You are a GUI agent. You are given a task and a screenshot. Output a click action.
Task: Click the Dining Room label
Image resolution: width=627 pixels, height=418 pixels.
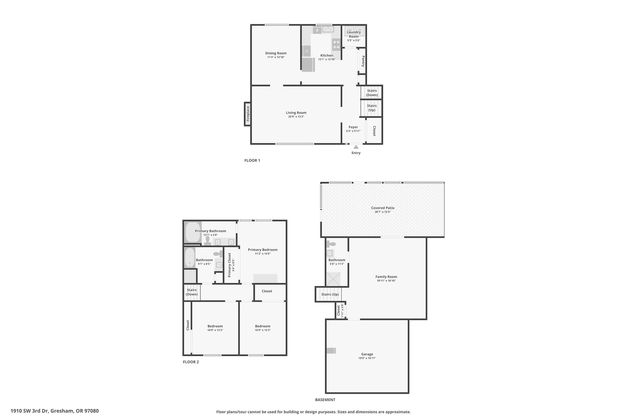coord(276,53)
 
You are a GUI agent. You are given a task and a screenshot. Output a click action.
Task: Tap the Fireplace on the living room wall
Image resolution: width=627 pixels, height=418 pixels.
coord(248,114)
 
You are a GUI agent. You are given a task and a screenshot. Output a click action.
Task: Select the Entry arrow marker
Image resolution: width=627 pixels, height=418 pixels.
coord(356,147)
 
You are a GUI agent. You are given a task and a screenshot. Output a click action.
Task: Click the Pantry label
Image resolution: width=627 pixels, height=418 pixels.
coord(363,61)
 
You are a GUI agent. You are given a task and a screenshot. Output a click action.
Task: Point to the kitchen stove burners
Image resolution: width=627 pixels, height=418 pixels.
coord(336,45)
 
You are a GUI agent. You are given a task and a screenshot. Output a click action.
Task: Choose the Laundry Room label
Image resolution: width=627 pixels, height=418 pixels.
coord(354,34)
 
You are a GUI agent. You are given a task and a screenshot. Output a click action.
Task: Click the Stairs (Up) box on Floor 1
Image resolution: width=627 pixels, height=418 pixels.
coord(372,108)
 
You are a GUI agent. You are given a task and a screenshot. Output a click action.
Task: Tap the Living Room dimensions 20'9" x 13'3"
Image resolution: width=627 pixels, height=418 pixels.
coord(296,117)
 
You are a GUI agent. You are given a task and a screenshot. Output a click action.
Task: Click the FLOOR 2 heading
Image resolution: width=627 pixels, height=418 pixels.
coord(191,362)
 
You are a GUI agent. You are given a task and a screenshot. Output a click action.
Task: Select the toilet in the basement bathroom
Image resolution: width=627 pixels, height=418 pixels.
coord(331,244)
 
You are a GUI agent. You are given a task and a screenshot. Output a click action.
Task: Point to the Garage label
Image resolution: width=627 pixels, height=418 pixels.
coord(367,354)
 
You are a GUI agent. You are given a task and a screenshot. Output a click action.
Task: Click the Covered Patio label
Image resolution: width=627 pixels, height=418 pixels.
coord(383,208)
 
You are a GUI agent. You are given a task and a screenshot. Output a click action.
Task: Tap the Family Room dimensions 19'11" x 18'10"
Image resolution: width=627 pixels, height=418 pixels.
coord(386,281)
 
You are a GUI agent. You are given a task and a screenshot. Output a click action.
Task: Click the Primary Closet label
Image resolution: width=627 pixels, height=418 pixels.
coord(230,265)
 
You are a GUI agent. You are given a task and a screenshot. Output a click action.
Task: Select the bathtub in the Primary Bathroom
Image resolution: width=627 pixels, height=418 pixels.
coord(193,232)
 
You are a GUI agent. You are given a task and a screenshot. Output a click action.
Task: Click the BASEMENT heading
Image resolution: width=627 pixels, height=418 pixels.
coord(325,400)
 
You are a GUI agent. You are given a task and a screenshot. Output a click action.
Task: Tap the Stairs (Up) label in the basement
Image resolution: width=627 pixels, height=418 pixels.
coord(330,294)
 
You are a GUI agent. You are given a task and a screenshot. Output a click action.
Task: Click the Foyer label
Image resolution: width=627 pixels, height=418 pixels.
coord(353,127)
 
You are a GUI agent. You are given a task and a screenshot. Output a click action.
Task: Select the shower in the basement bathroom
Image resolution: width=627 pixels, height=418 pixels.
coord(333,278)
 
